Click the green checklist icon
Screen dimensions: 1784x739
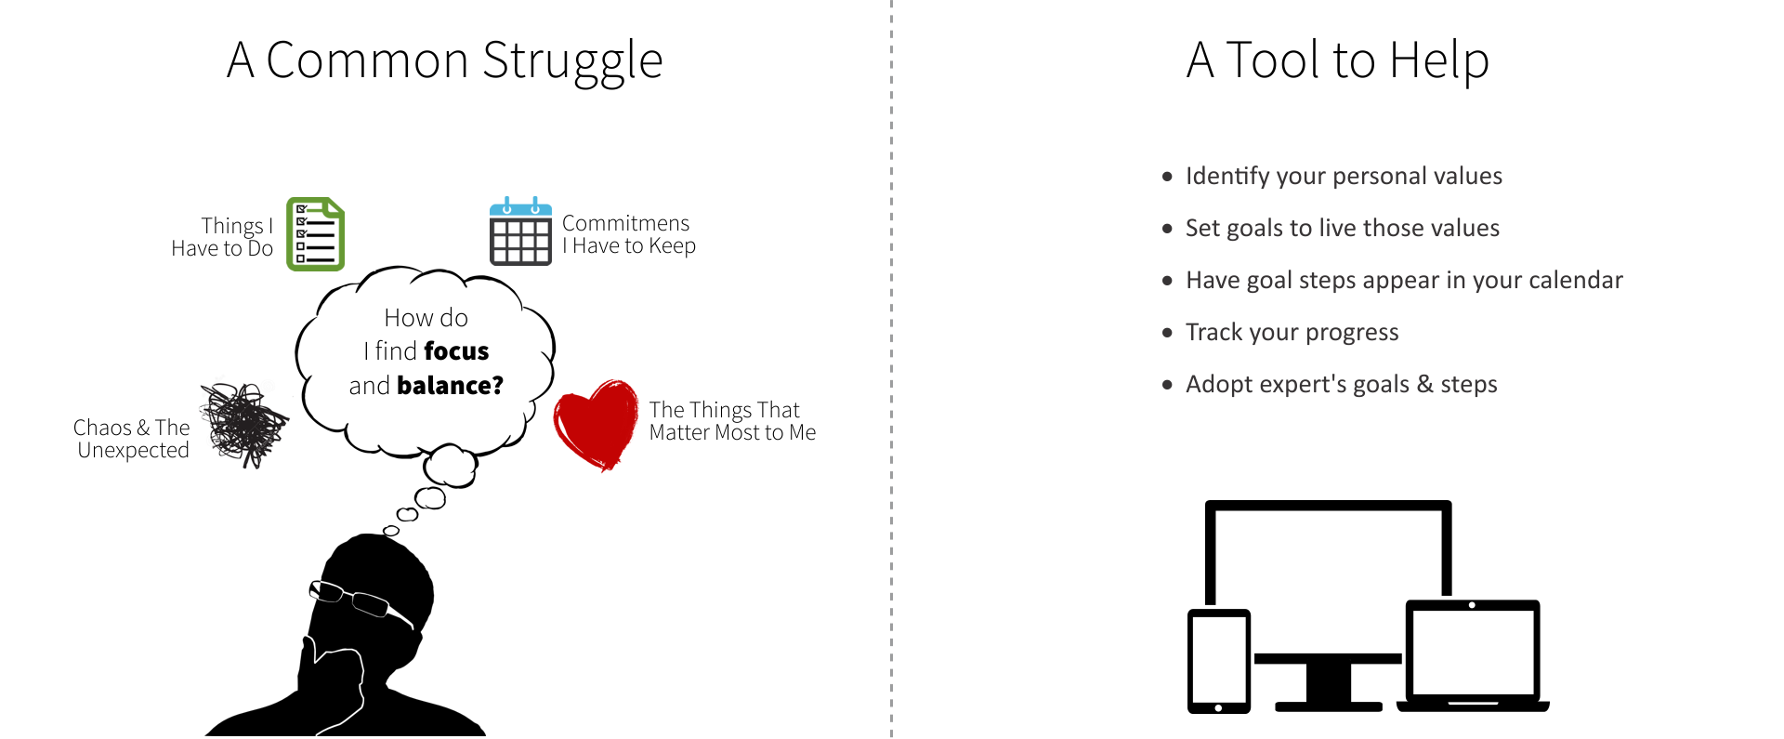point(315,234)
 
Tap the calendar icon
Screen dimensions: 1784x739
point(520,231)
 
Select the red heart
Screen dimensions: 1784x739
point(596,425)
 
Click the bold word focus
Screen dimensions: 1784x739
point(456,351)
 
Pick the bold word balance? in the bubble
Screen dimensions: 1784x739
point(450,385)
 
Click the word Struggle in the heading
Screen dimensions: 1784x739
point(572,61)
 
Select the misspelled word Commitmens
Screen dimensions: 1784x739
point(625,223)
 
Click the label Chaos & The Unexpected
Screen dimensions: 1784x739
point(132,439)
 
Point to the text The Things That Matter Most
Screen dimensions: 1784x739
point(732,421)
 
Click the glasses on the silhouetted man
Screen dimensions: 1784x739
point(361,601)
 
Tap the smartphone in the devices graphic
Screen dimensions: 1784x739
point(1219,661)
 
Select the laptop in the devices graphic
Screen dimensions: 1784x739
point(1473,656)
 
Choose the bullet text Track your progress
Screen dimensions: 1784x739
point(1292,333)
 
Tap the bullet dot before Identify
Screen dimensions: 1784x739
point(1167,177)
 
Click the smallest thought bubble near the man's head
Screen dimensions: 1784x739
point(391,531)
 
